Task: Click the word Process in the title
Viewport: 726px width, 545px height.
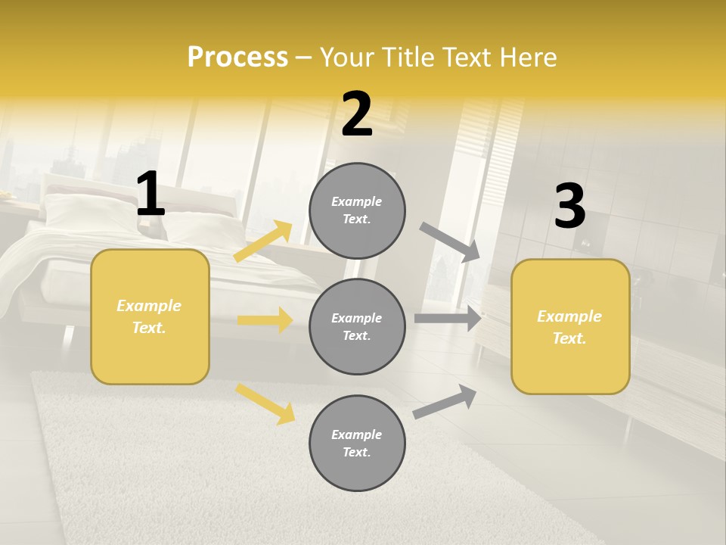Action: (x=237, y=58)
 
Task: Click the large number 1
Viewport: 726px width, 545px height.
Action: (x=150, y=195)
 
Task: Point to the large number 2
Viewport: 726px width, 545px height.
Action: (x=357, y=114)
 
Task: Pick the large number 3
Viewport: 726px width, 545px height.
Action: (x=569, y=206)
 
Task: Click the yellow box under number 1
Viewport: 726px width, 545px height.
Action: (x=150, y=316)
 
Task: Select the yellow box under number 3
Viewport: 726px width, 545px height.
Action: (x=570, y=327)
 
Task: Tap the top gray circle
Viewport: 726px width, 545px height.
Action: (x=357, y=210)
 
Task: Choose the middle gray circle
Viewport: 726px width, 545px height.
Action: (x=357, y=327)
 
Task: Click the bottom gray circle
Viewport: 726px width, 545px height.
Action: (x=357, y=444)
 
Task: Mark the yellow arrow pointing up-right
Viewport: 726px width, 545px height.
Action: (x=263, y=241)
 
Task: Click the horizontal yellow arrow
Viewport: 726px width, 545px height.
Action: (x=265, y=320)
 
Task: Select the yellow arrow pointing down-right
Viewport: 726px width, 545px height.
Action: (x=265, y=403)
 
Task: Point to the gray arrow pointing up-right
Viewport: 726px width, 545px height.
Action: (x=445, y=401)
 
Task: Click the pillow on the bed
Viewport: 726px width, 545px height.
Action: (x=76, y=209)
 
